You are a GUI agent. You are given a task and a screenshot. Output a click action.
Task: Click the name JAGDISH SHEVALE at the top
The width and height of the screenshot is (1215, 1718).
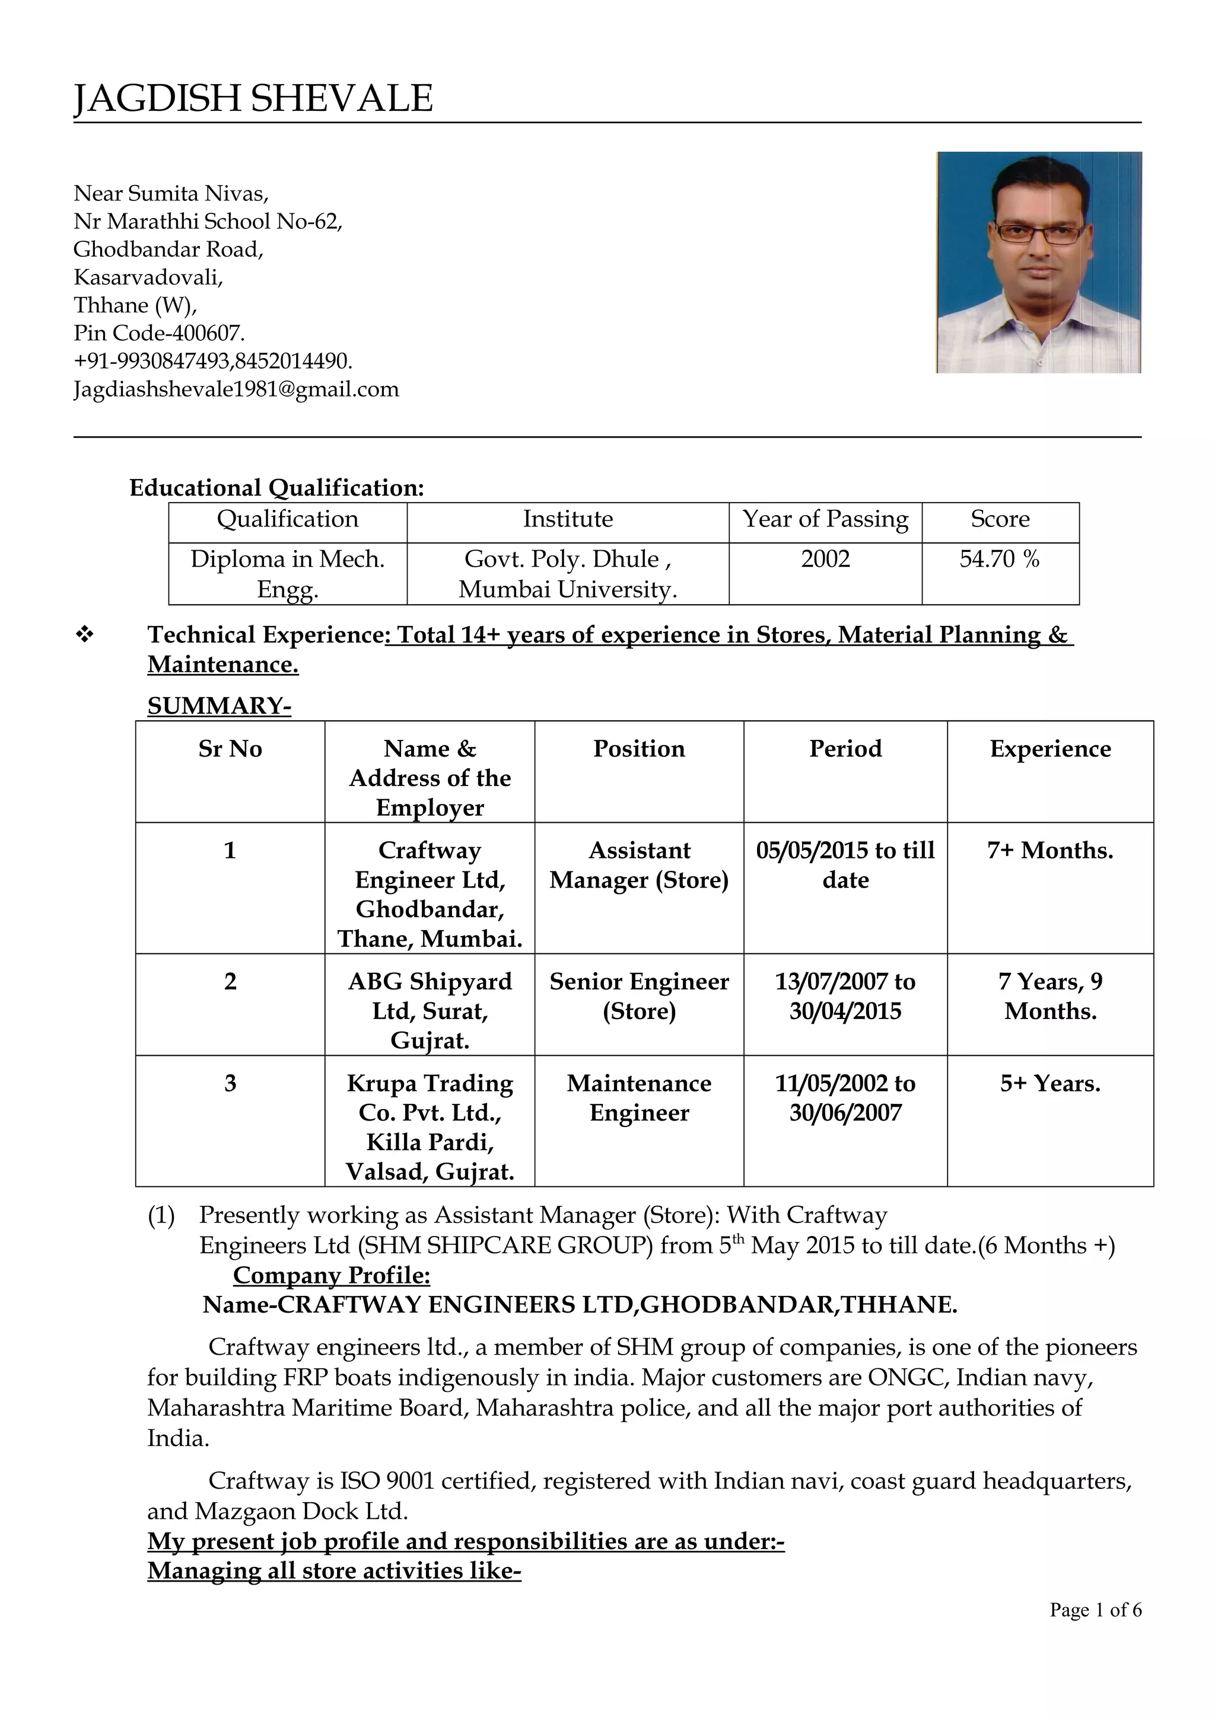(x=253, y=99)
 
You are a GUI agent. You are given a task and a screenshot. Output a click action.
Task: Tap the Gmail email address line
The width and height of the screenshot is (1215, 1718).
(x=236, y=389)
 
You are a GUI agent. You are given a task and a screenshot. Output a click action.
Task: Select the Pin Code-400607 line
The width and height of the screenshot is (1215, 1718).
(x=159, y=333)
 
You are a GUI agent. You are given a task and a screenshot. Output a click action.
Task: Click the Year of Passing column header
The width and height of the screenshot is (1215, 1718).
(x=825, y=519)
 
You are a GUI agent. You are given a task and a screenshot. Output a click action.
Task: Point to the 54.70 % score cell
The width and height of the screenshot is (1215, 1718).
(x=1000, y=559)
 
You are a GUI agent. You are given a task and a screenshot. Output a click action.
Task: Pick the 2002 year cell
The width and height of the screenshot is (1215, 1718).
(x=825, y=559)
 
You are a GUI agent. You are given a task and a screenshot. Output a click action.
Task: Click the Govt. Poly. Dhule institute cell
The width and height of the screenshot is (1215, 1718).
(x=567, y=574)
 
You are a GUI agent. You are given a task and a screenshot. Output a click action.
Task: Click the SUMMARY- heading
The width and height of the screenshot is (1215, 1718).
(x=218, y=705)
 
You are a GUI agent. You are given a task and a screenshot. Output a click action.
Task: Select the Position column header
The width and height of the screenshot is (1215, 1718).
(x=638, y=749)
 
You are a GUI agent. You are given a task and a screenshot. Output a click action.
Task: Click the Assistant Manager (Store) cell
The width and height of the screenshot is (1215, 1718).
(x=638, y=865)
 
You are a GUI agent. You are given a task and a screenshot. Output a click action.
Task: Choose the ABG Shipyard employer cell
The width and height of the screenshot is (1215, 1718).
(x=430, y=1011)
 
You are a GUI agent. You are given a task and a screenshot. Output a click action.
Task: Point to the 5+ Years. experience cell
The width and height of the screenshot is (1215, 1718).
(x=1049, y=1084)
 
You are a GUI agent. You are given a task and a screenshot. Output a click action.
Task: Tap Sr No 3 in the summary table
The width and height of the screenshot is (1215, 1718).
(x=230, y=1084)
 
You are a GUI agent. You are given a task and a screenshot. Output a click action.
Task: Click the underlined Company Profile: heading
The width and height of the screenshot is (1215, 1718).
(x=331, y=1275)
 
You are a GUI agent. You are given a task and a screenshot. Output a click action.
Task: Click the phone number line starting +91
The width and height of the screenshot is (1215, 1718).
(x=212, y=362)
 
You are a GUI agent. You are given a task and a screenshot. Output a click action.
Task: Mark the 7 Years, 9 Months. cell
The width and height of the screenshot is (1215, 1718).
(x=1049, y=996)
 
